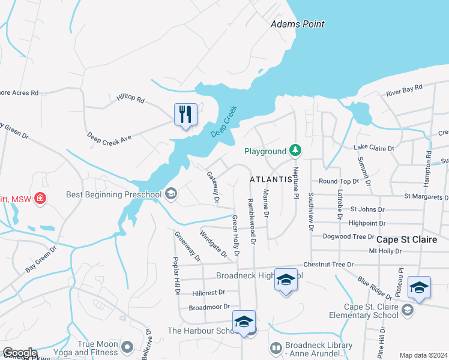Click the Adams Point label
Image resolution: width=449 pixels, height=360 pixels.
[297, 24]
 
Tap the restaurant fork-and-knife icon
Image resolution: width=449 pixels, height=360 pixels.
[185, 113]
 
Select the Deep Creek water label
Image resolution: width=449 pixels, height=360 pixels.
[224, 122]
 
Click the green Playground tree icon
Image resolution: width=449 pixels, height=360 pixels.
[295, 149]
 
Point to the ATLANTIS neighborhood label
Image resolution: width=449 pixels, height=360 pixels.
[271, 179]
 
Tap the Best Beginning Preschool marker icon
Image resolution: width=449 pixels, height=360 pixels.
[171, 193]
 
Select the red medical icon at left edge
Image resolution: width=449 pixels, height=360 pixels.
[40, 197]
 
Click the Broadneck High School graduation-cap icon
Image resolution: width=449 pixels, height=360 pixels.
[286, 280]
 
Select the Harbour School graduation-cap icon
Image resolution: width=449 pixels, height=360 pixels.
[244, 322]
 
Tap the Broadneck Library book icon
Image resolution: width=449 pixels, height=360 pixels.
[276, 347]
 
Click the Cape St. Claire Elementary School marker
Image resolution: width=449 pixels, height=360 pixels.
[408, 310]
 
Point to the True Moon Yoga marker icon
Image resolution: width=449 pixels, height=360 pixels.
[127, 346]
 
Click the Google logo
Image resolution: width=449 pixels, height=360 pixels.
[20, 353]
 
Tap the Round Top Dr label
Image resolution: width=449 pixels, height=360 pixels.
[339, 181]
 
